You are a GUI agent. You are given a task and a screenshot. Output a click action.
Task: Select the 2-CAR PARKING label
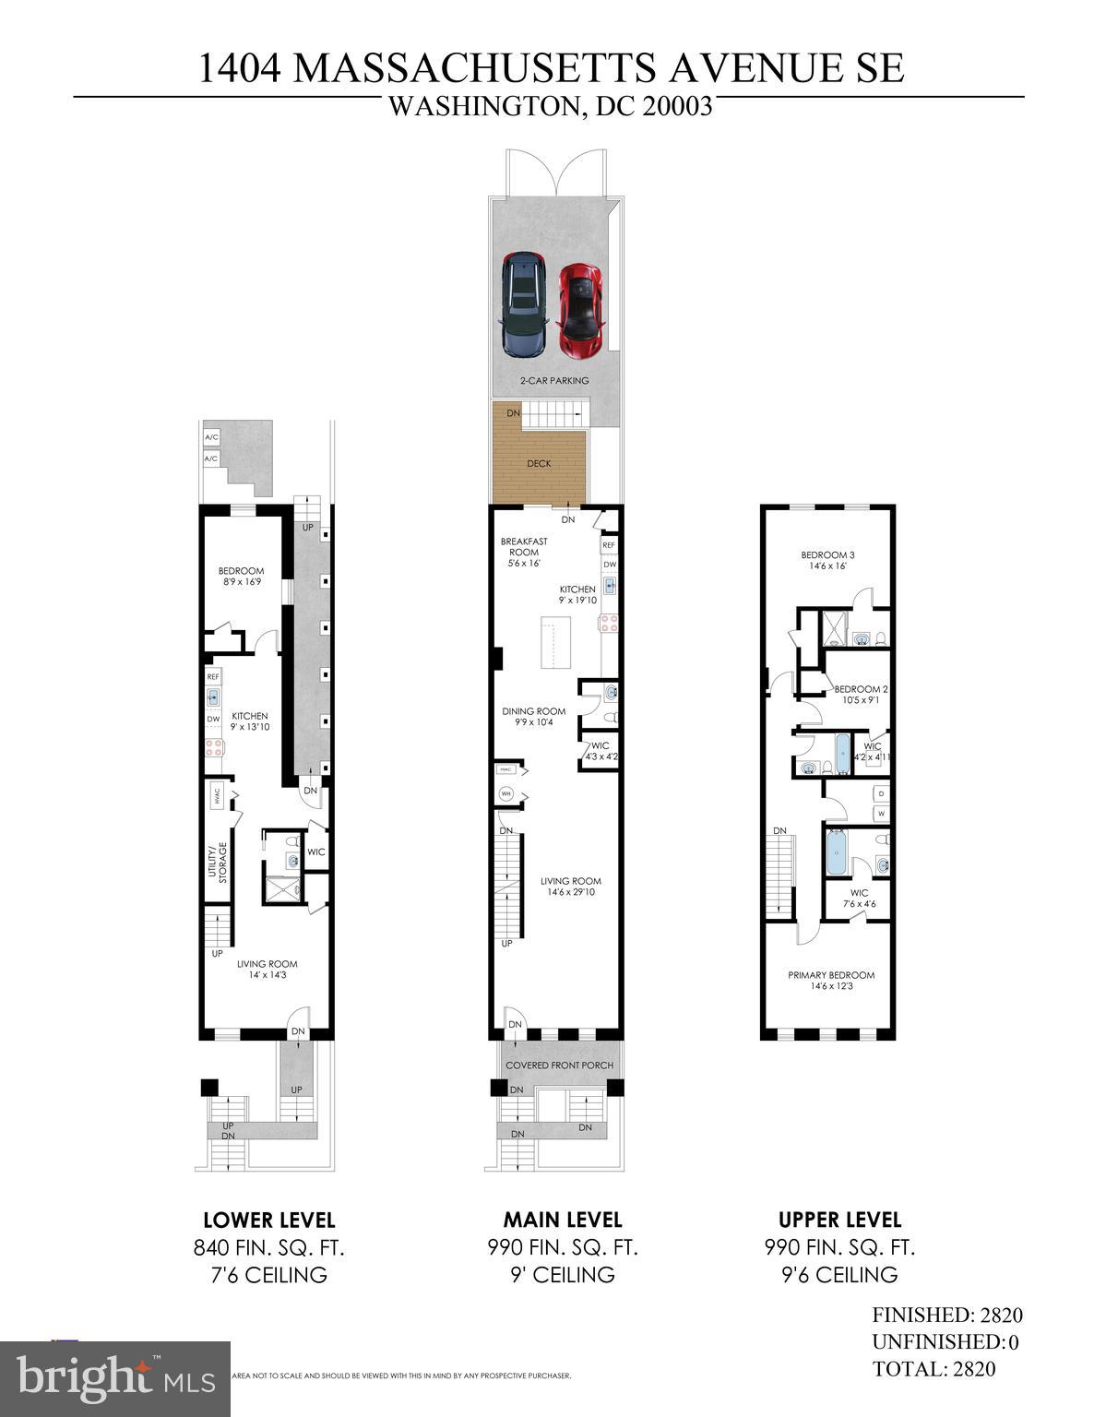tap(553, 380)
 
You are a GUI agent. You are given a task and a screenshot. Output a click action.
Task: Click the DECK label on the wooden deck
tap(539, 463)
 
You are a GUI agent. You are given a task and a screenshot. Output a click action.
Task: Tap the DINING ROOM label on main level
tap(533, 711)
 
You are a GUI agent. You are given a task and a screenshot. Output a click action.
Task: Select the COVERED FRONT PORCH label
tap(559, 1066)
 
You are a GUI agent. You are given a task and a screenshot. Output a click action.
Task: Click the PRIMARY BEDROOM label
tap(830, 975)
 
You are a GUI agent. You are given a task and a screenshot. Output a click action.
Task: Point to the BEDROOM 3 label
tap(827, 554)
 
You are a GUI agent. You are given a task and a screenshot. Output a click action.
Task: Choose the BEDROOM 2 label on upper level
tap(861, 689)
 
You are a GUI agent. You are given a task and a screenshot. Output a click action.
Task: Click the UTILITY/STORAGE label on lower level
tap(216, 863)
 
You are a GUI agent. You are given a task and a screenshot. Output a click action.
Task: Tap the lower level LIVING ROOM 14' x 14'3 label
tap(268, 970)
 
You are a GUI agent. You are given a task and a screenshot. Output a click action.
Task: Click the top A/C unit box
tap(211, 436)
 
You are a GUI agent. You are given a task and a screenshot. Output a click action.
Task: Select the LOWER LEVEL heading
tap(268, 1220)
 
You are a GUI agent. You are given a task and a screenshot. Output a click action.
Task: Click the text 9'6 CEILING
tap(839, 1275)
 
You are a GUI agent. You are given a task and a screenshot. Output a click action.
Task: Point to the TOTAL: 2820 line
tap(933, 1369)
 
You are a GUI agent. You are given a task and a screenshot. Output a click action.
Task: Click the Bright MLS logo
tap(114, 1378)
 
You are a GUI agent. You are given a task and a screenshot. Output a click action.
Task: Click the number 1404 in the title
tap(242, 69)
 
